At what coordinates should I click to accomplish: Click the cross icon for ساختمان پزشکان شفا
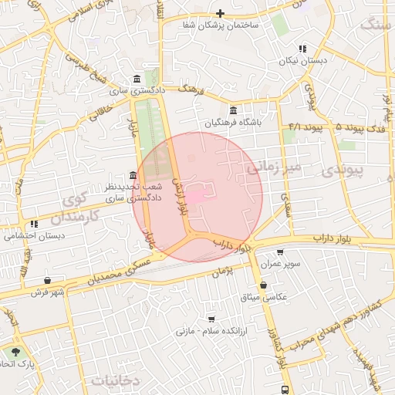pyautogui.click(x=221, y=13)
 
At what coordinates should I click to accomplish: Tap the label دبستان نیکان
pyautogui.click(x=302, y=59)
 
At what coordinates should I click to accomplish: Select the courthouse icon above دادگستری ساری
pyautogui.click(x=137, y=79)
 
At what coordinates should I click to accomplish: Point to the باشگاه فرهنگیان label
pyautogui.click(x=234, y=123)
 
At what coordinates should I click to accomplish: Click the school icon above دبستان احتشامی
pyautogui.click(x=34, y=225)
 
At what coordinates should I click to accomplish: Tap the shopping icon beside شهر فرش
pyautogui.click(x=49, y=280)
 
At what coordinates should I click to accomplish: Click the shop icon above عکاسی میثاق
pyautogui.click(x=264, y=285)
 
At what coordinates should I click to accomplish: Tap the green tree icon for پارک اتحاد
pyautogui.click(x=16, y=351)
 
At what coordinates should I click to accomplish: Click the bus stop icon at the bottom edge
pyautogui.click(x=285, y=390)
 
